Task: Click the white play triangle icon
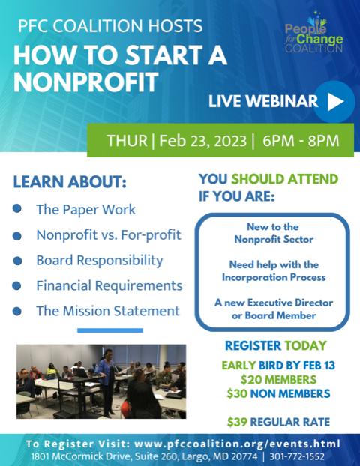point(335,102)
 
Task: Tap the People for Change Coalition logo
point(314,32)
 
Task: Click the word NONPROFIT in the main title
point(86,82)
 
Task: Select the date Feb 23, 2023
point(203,141)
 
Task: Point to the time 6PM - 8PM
point(301,141)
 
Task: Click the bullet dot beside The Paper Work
point(17,208)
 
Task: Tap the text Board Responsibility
point(100,261)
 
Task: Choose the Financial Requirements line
point(109,286)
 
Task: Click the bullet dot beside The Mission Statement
point(17,311)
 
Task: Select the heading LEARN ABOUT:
point(70,182)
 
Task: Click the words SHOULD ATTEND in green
point(285,179)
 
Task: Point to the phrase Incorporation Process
point(274,277)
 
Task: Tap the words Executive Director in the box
point(290,303)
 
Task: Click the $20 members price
point(278,380)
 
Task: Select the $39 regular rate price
point(278,422)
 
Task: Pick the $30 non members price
point(278,393)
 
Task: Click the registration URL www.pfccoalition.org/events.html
point(238,444)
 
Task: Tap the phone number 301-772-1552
point(297,456)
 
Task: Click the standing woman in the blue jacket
point(106,381)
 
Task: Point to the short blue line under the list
point(110,330)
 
